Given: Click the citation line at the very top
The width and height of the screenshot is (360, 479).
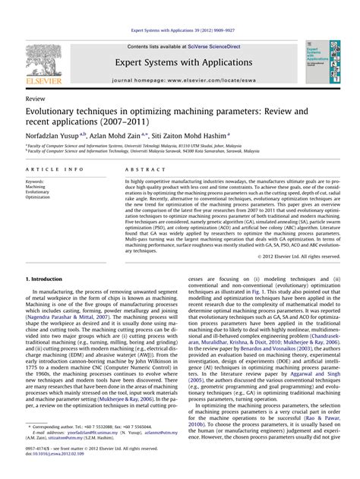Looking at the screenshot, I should (x=179, y=30).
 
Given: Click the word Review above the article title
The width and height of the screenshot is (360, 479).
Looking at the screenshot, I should (x=35, y=99).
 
